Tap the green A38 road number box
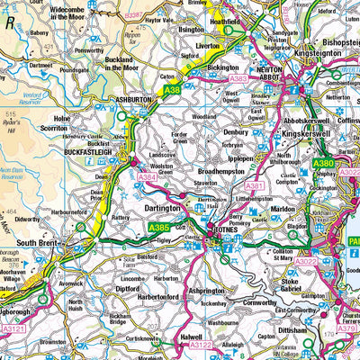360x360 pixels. point(173,89)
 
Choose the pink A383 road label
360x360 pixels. point(238,79)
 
